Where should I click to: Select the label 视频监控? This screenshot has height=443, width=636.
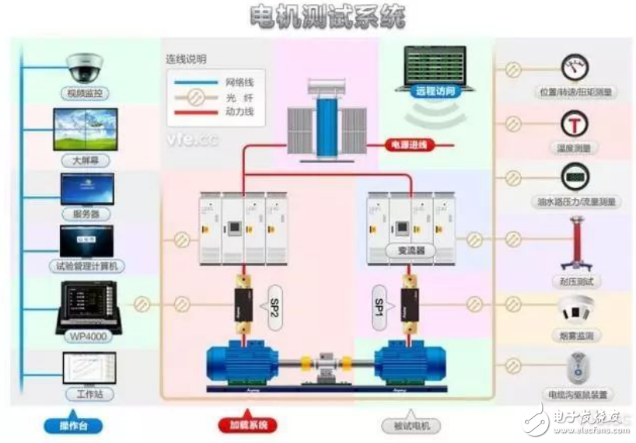click(x=86, y=93)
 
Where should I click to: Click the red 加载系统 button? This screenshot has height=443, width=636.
click(x=247, y=426)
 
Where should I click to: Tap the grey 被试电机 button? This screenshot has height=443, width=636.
click(x=411, y=426)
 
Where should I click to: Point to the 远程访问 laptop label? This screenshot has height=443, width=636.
click(x=435, y=91)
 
